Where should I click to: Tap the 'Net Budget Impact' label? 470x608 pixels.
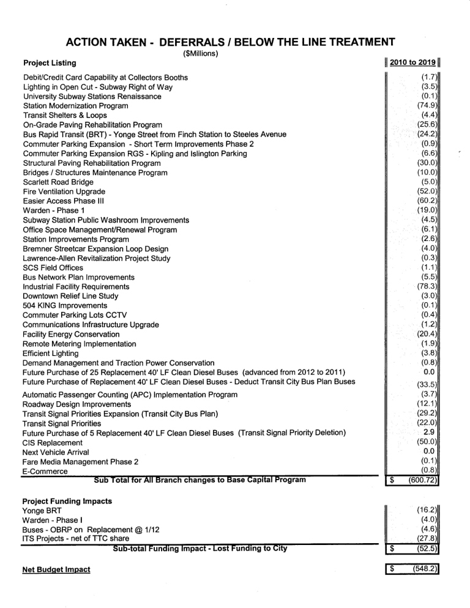click(56, 569)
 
